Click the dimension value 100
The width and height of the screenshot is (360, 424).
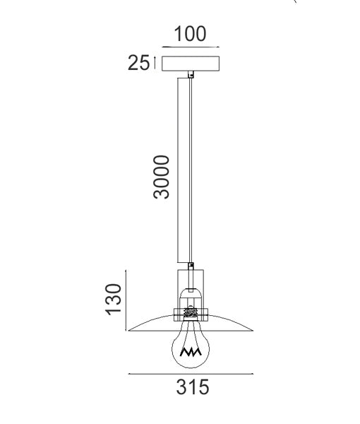pyautogui.click(x=190, y=34)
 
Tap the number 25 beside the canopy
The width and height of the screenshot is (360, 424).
pyautogui.click(x=138, y=63)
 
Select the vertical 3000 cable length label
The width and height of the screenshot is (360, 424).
pyautogui.click(x=161, y=177)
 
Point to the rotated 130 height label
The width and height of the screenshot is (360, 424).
pyautogui.click(x=113, y=300)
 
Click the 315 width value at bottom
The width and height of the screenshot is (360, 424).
pyautogui.click(x=193, y=387)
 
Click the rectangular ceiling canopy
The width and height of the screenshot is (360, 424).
pyautogui.click(x=191, y=64)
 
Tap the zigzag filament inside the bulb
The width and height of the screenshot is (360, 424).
pyautogui.click(x=191, y=352)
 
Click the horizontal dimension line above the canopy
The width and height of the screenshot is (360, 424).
pyautogui.click(x=191, y=47)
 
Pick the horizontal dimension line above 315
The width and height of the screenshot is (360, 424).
pyautogui.click(x=191, y=375)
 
